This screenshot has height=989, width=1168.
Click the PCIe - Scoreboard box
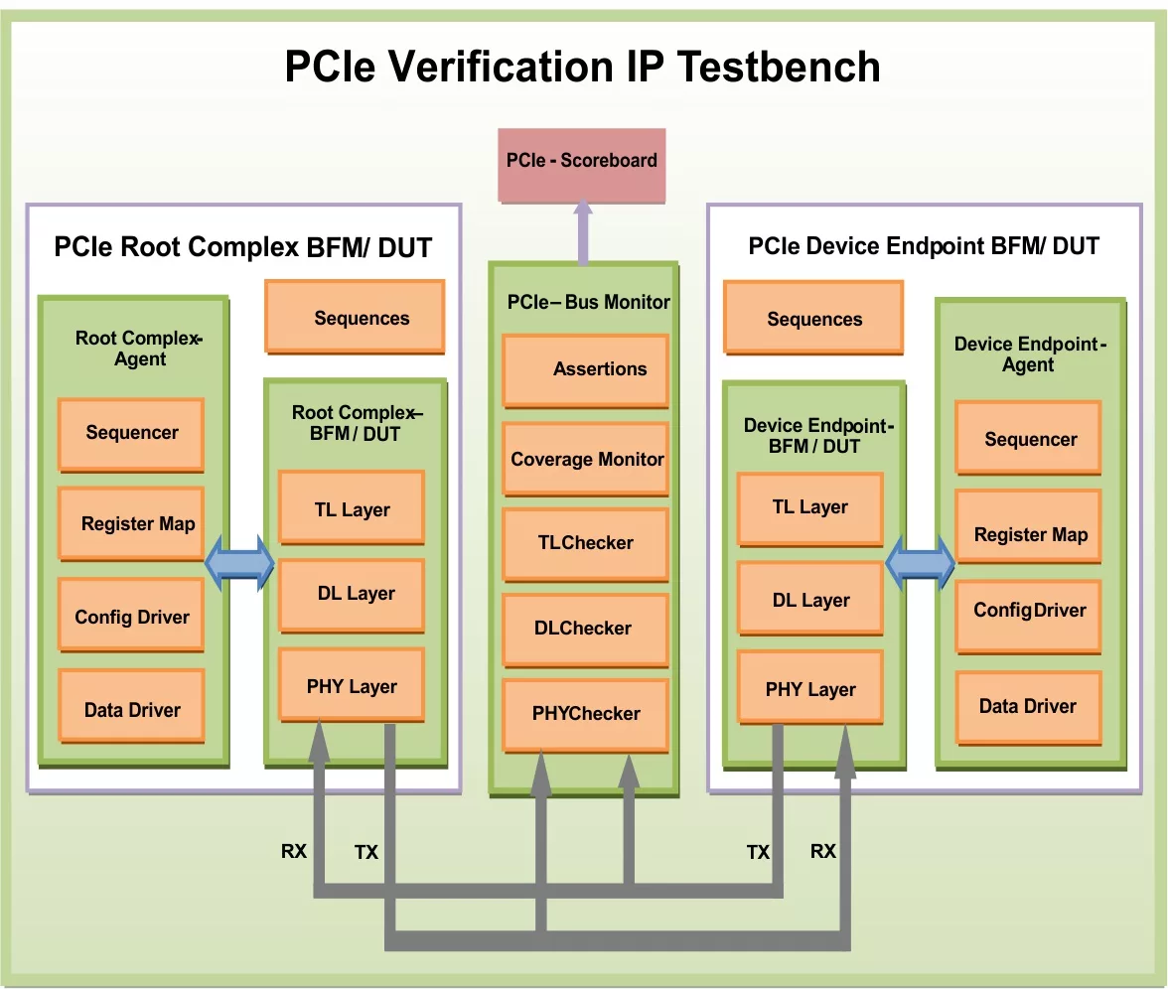pos(582,162)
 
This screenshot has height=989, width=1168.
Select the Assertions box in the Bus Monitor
pos(585,369)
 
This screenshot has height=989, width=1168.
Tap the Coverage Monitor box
pos(585,459)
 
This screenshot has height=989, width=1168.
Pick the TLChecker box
pos(585,543)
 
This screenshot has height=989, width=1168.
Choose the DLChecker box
pos(585,629)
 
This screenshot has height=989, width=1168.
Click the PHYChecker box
pos(585,714)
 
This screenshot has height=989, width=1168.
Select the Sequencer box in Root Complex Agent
pos(131,433)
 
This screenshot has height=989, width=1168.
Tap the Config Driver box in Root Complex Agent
pos(131,616)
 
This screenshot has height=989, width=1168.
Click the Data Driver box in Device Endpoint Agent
pos(1028,706)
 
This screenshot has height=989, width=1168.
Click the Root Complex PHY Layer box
pos(352,685)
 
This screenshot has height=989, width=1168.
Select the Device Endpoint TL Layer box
pos(809,507)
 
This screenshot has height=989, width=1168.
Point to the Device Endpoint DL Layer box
pos(809,600)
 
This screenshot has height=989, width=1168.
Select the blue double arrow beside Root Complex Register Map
pos(239,563)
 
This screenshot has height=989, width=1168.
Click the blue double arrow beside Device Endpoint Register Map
pos(920,563)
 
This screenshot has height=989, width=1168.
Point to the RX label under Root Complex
pos(294,851)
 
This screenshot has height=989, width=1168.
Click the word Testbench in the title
pos(779,67)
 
